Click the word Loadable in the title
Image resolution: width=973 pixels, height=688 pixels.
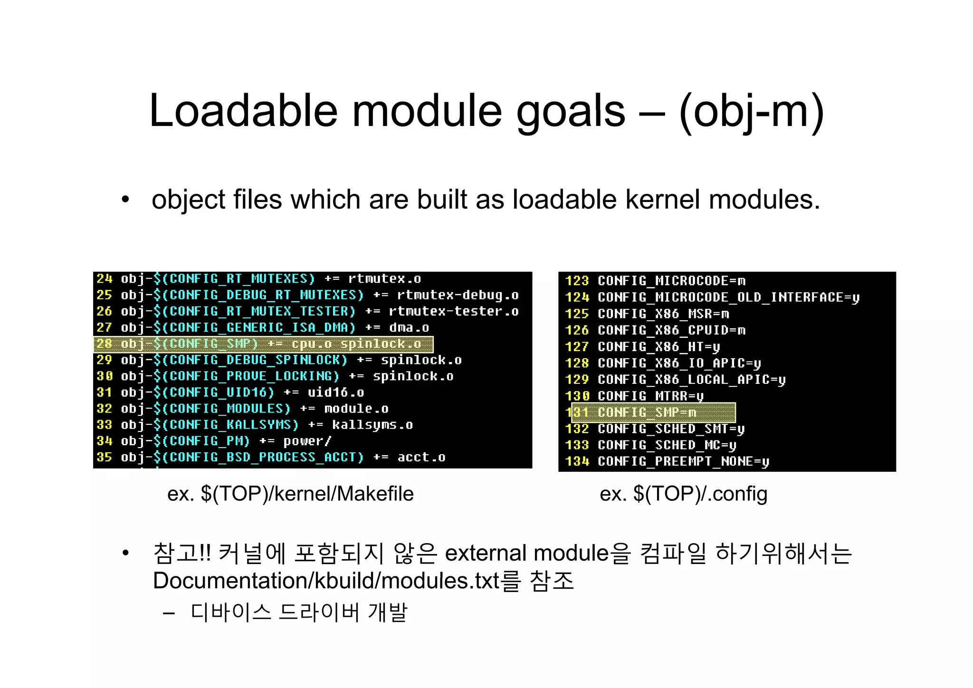pyautogui.click(x=243, y=111)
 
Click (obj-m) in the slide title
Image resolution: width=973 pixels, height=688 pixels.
pyautogui.click(x=752, y=111)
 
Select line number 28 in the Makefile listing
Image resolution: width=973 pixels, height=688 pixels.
pyautogui.click(x=104, y=344)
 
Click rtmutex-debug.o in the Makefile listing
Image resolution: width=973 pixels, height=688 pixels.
pyautogui.click(x=458, y=295)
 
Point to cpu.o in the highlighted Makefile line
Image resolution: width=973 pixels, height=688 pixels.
pyautogui.click(x=311, y=344)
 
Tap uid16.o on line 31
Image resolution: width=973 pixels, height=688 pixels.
pyautogui.click(x=335, y=392)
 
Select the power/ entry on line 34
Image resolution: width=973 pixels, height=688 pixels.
pyautogui.click(x=307, y=441)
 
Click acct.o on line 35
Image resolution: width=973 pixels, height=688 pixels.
pyautogui.click(x=421, y=458)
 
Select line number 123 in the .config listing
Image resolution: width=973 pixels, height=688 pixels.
pyautogui.click(x=577, y=281)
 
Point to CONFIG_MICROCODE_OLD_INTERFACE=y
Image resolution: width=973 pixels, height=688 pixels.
pyautogui.click(x=728, y=297)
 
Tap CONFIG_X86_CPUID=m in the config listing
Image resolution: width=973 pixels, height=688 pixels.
pyautogui.click(x=671, y=330)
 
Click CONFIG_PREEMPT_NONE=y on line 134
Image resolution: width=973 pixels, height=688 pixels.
pyautogui.click(x=683, y=461)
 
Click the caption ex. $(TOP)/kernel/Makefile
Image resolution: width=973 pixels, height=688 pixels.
pyautogui.click(x=290, y=494)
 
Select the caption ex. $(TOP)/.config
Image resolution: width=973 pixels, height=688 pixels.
pyautogui.click(x=683, y=494)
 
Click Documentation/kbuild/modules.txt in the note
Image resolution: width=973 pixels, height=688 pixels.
pyautogui.click(x=326, y=581)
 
